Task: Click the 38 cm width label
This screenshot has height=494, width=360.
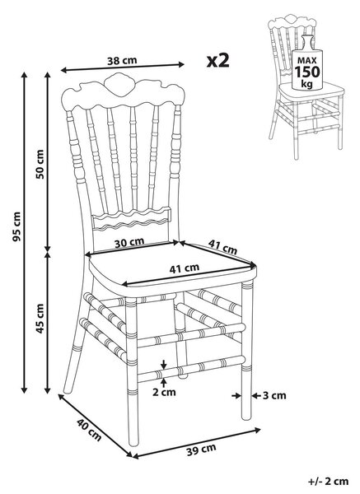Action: point(122,60)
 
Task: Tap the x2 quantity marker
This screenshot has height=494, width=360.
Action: point(217,60)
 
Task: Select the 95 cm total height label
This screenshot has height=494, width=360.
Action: point(16,226)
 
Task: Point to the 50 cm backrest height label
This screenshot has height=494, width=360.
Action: point(40,164)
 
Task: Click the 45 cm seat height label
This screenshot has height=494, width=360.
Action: point(40,319)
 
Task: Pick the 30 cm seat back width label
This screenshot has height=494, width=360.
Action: point(129,243)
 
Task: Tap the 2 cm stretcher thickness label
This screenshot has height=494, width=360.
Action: point(164,392)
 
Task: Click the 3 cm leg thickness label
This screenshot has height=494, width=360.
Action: point(274,395)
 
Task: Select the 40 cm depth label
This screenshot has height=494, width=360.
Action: point(89,430)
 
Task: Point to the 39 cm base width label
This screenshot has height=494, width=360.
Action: point(201,450)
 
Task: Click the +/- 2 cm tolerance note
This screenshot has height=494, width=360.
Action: point(328,482)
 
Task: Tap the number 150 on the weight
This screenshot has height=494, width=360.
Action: point(307,72)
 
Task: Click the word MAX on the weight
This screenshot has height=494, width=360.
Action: point(307,60)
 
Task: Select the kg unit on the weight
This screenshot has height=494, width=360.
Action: point(306,84)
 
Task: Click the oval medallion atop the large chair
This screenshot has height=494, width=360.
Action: point(119,85)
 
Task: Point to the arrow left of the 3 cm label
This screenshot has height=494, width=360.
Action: point(236,395)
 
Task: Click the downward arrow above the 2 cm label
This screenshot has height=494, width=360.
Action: point(163,364)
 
